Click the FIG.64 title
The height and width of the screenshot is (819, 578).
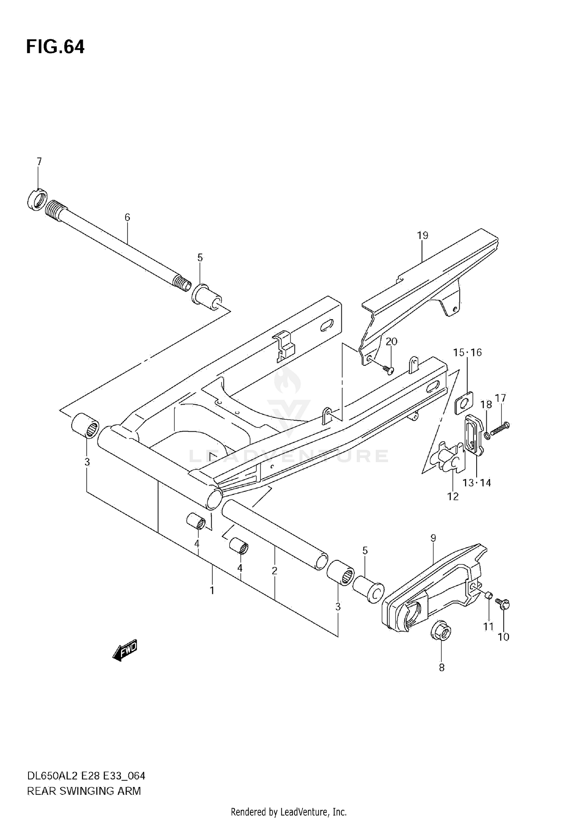[x=55, y=47]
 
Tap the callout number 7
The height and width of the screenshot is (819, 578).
[x=39, y=161]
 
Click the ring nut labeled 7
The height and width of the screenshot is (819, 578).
[x=37, y=200]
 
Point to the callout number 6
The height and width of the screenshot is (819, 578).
[x=127, y=217]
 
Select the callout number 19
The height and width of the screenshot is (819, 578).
[x=422, y=235]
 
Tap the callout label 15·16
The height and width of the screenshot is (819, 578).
[x=467, y=352]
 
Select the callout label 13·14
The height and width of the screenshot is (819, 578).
[x=477, y=483]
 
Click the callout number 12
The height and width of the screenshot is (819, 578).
[x=453, y=496]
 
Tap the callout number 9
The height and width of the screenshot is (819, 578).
[x=433, y=538]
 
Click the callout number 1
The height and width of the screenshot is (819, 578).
[x=212, y=590]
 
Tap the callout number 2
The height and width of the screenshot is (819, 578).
[x=274, y=571]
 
